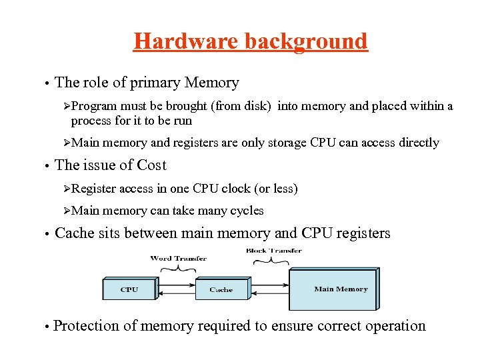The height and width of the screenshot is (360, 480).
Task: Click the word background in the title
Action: coord(306,41)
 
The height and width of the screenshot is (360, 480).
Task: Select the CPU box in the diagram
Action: coord(129,289)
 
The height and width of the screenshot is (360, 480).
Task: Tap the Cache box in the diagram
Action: coord(221,289)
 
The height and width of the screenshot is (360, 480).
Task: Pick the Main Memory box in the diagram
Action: coord(333,289)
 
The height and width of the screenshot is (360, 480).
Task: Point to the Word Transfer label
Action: coord(178,258)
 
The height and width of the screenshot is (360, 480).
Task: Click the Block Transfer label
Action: coord(273,251)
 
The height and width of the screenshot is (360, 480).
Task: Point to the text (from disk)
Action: coord(243,106)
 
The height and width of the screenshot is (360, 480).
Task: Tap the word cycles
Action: coord(247,211)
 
